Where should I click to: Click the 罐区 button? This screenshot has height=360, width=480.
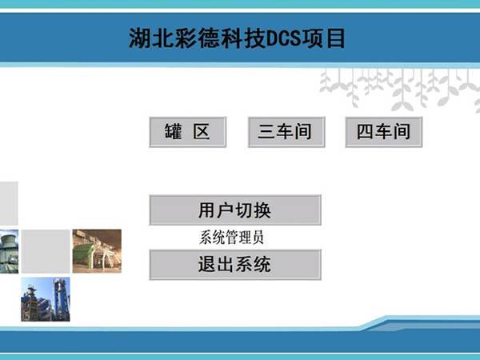[x=187, y=132]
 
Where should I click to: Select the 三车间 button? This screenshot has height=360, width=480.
[x=285, y=132]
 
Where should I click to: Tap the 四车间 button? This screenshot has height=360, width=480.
[x=383, y=132]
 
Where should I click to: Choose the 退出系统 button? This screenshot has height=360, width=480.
[x=234, y=265]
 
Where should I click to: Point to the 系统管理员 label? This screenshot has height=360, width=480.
[x=231, y=238]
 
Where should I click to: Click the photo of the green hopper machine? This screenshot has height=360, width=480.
[x=97, y=251]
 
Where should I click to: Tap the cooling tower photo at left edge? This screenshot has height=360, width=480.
[x=9, y=251]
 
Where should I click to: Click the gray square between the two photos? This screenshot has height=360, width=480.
[x=46, y=251]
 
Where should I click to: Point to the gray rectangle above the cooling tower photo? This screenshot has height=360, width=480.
[x=9, y=203]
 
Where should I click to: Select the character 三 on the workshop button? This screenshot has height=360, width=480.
[x=266, y=132]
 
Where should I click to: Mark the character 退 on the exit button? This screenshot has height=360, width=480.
[x=207, y=265]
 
